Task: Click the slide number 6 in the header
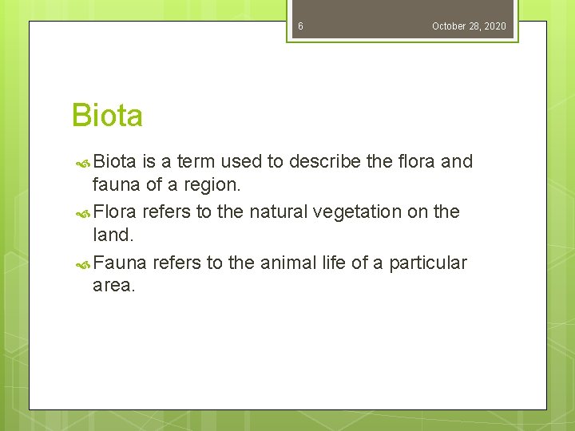pos(300,26)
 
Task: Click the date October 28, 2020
pos(469,26)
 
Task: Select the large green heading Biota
pos(107,116)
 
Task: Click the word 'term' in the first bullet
pos(196,162)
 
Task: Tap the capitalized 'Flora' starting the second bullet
pos(115,212)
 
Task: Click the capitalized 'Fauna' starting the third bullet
pos(120,263)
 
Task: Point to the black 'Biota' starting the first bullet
pos(115,162)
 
